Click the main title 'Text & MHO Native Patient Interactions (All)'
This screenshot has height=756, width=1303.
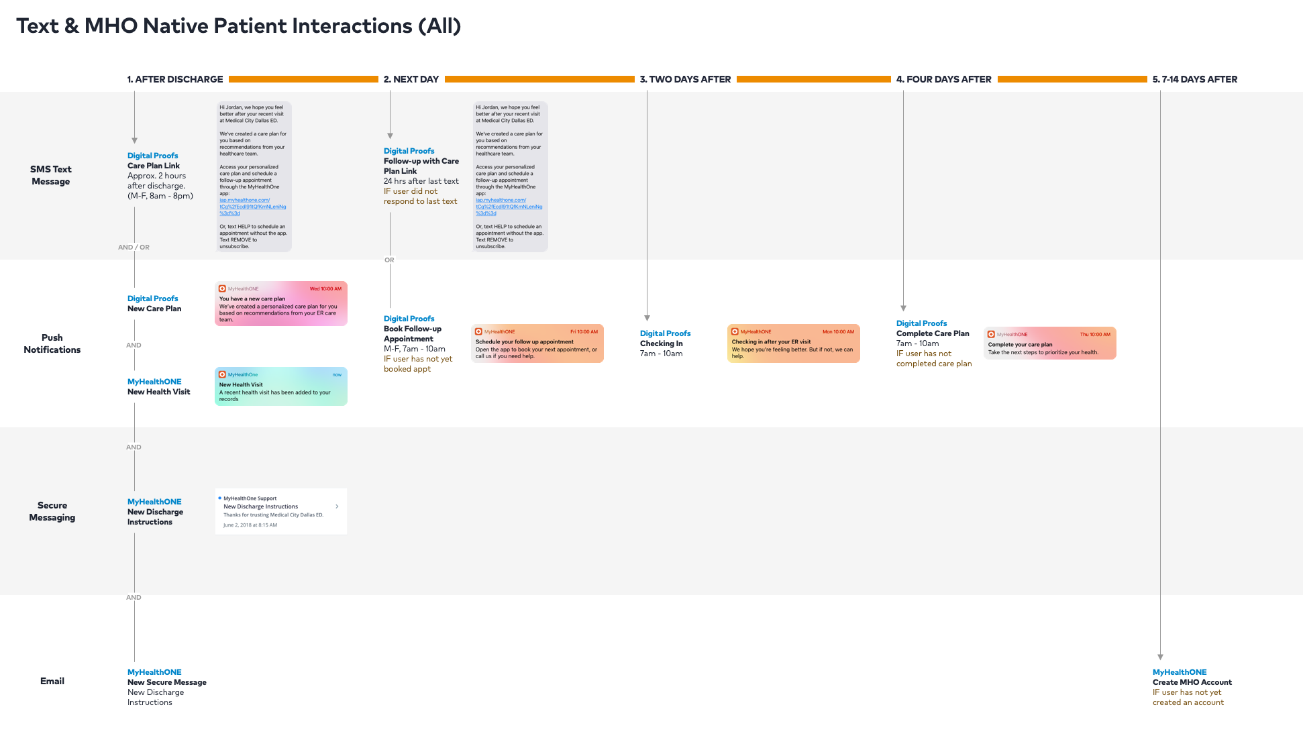click(x=238, y=26)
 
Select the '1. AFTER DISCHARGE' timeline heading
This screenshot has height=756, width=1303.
click(x=175, y=79)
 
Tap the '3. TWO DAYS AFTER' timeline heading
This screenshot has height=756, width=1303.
click(x=685, y=79)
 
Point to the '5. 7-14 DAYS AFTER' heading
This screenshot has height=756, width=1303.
click(x=1195, y=79)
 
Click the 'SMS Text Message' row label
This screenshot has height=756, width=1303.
click(x=51, y=175)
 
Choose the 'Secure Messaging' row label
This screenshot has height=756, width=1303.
click(x=52, y=511)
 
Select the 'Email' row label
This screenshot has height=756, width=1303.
click(x=52, y=681)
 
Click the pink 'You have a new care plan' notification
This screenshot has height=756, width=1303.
click(x=281, y=304)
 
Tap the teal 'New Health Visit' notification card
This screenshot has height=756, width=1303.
click(x=281, y=386)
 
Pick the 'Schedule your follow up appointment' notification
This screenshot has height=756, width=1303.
click(x=537, y=343)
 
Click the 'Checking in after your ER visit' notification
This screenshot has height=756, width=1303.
click(x=794, y=343)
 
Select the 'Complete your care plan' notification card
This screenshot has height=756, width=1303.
click(x=1050, y=343)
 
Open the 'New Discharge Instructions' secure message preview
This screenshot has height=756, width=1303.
click(x=281, y=511)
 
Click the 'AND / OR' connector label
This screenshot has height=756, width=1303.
click(x=134, y=248)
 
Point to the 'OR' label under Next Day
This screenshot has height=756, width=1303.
click(x=389, y=260)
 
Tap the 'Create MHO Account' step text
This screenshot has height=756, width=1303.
click(x=1192, y=682)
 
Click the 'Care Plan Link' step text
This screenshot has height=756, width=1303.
click(x=154, y=166)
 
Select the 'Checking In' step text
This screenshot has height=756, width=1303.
click(x=662, y=343)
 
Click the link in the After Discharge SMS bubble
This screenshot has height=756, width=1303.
click(x=252, y=207)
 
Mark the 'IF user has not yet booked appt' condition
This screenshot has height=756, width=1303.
click(x=417, y=364)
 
